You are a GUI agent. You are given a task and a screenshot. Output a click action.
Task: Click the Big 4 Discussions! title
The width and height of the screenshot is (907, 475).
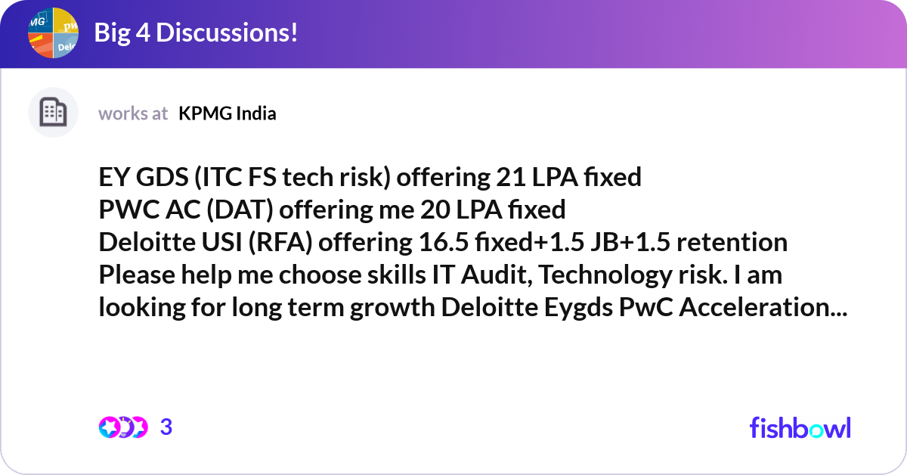click(196, 33)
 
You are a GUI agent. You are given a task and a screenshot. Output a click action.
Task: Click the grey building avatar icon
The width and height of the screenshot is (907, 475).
click(53, 113)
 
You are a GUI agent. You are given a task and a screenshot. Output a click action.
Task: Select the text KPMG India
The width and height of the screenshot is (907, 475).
click(228, 113)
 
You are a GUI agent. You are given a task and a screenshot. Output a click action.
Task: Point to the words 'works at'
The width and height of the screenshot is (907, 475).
click(133, 113)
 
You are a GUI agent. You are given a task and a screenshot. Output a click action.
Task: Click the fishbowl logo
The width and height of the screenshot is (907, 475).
click(800, 427)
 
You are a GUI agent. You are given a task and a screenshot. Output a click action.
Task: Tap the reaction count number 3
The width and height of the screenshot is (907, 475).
click(166, 427)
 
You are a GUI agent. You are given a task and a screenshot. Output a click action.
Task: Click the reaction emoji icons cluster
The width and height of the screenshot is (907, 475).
click(122, 427)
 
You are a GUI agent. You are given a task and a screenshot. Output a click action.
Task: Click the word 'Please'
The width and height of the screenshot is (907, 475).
click(135, 275)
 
